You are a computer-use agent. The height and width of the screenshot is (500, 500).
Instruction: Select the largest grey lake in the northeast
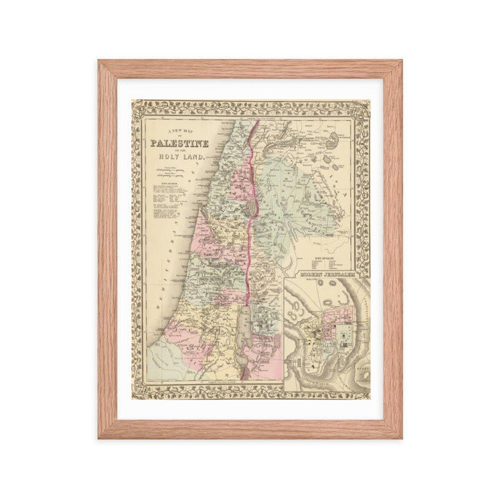pyautogui.click(x=339, y=138)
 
